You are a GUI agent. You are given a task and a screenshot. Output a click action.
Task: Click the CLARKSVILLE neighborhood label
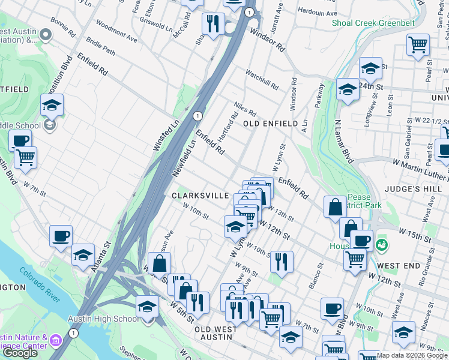pyautogui.click(x=200, y=196)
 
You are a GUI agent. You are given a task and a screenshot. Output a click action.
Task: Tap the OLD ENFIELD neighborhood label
pyautogui.click(x=270, y=124)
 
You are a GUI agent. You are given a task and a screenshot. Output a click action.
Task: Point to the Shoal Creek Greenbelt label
pyautogui.click(x=373, y=23)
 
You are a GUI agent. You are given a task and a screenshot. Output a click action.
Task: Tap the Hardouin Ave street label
pyautogui.click(x=318, y=12)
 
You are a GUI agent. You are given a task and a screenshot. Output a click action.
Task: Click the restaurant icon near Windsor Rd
pyautogui.click(x=212, y=23)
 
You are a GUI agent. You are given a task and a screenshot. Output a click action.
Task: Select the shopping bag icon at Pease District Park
pyautogui.click(x=335, y=206)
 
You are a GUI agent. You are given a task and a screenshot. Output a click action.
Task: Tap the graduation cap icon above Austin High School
pyautogui.click(x=147, y=306)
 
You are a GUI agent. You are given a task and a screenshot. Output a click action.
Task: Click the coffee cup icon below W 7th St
pyautogui.click(x=61, y=236)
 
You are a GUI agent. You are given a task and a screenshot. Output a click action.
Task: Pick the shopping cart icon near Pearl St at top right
pyautogui.click(x=418, y=44)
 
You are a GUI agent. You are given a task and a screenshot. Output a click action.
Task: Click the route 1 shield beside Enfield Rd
pyautogui.click(x=197, y=115)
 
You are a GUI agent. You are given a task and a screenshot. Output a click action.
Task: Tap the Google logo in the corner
pyautogui.click(x=20, y=353)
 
